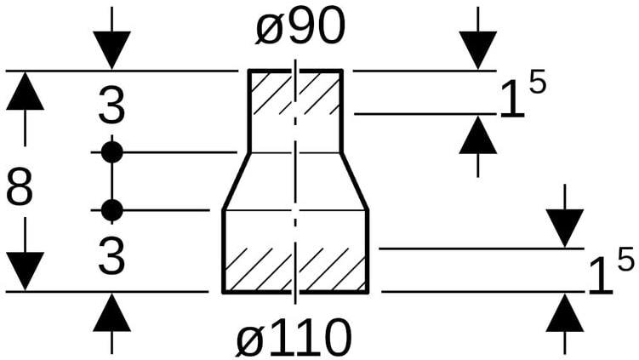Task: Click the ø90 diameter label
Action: [300, 29]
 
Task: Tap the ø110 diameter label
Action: [294, 338]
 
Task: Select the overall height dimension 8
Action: [20, 188]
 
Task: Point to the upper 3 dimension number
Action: [111, 107]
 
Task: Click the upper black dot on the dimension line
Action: [111, 152]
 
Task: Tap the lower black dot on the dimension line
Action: [111, 209]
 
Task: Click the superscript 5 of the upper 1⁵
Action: [536, 84]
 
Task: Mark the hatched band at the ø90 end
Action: [295, 92]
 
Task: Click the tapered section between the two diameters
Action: [295, 180]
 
